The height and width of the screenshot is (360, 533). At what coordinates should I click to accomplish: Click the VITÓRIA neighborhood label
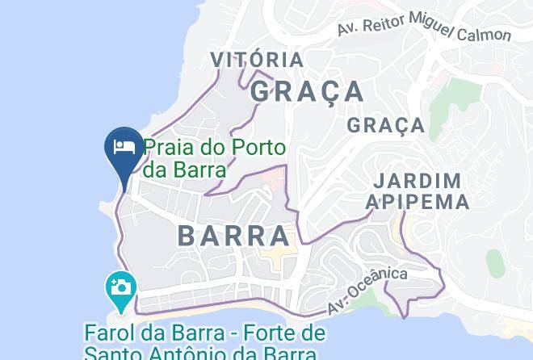[257, 60]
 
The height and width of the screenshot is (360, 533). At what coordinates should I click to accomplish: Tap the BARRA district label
[233, 236]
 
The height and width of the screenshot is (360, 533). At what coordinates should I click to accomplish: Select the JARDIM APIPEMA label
[418, 191]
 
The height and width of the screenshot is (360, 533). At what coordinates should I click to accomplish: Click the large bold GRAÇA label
[307, 91]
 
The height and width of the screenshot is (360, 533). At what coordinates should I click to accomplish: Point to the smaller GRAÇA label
[386, 125]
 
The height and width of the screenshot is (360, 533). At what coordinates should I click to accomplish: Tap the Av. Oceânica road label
[367, 291]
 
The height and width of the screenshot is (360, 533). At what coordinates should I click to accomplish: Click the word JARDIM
[418, 181]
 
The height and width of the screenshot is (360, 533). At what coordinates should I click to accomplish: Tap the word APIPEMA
[418, 202]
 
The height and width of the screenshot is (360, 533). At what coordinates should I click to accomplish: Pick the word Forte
[275, 333]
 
